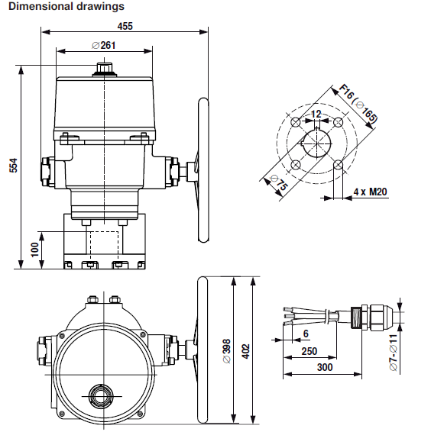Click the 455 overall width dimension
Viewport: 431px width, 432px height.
pos(125,26)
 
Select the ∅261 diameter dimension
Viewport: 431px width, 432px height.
pos(107,45)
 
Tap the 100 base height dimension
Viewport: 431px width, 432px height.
pos(34,250)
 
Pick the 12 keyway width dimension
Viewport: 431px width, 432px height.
pos(316,114)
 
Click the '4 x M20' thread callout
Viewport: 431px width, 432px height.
pos(370,192)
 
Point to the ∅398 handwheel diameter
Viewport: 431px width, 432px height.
pos(226,349)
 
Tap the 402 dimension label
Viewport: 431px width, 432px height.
pos(245,349)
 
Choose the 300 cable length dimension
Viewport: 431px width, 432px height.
pos(325,367)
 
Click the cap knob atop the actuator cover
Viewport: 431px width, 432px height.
pos(103,69)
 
